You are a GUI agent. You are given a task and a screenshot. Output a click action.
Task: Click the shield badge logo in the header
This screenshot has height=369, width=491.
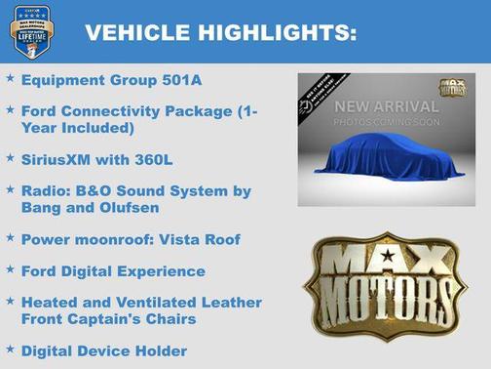(31, 32)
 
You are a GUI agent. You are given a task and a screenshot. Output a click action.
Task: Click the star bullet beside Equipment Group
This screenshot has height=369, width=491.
(10, 77)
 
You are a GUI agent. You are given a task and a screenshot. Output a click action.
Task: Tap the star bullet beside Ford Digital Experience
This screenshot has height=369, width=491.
(10, 269)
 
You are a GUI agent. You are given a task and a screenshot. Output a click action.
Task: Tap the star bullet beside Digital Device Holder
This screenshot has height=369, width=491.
(10, 348)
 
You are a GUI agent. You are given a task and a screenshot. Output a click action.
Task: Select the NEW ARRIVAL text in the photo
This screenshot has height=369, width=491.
(387, 105)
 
